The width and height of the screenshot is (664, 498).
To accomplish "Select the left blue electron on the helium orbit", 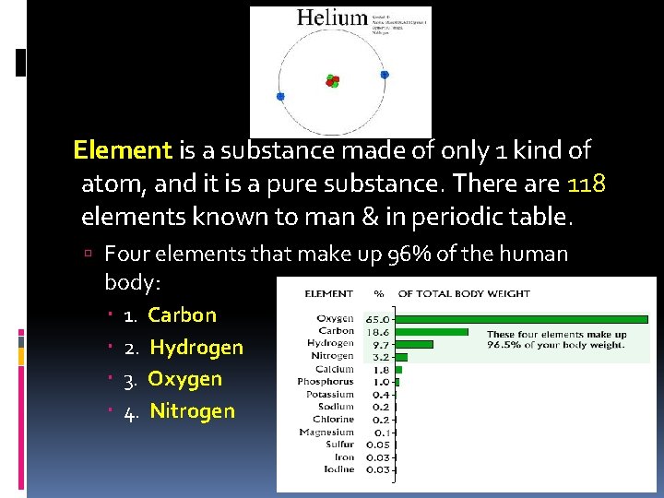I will click(280, 95).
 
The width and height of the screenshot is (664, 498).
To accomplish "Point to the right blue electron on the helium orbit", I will click(385, 75).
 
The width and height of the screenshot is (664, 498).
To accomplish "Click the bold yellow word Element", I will click(123, 149).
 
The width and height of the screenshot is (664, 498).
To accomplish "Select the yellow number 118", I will click(587, 184).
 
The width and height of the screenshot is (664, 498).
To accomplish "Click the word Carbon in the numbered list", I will click(182, 315).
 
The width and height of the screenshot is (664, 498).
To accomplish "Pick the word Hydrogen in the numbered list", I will click(196, 348).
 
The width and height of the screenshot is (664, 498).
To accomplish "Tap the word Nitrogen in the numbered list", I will click(192, 411).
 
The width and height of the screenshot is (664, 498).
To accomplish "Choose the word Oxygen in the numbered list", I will click(185, 379).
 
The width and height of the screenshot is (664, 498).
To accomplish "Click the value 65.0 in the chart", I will click(380, 319).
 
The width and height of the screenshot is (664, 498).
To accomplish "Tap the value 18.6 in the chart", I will click(380, 331).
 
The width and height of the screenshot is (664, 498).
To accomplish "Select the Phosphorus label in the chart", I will click(325, 382).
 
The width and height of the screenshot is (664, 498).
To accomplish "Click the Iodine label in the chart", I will click(338, 469).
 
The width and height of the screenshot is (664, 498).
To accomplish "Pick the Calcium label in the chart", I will click(335, 369).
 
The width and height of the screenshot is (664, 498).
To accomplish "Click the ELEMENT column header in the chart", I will click(328, 294).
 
